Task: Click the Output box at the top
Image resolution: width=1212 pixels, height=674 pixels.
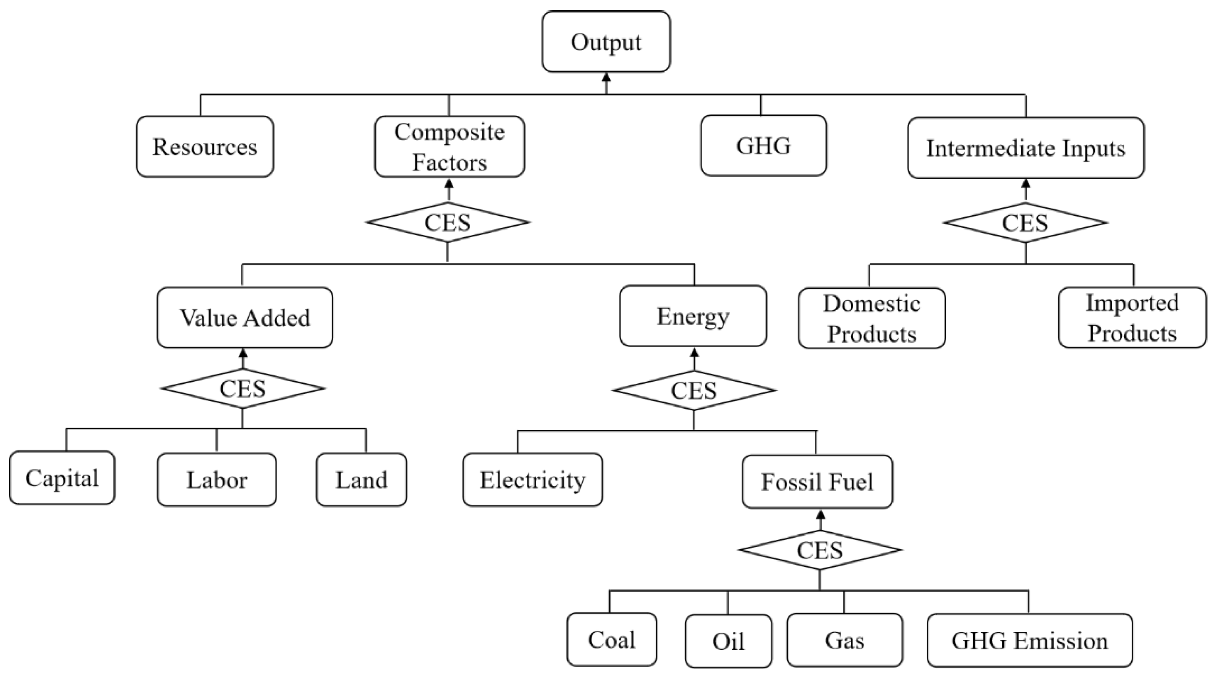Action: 606,42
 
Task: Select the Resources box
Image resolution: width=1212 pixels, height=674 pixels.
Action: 205,147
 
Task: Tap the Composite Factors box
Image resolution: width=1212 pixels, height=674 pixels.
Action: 449,147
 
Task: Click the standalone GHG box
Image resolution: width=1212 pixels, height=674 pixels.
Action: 763,145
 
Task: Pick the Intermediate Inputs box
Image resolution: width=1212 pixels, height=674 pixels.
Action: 1026,148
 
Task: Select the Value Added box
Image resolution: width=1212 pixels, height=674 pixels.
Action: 245,318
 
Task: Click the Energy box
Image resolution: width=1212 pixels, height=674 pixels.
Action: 693,316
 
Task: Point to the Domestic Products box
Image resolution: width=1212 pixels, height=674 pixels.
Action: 871,318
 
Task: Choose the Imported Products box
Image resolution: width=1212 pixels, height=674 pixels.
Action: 1132,318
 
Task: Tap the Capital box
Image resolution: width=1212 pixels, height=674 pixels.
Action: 62,478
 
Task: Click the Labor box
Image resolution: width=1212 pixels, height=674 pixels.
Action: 216,480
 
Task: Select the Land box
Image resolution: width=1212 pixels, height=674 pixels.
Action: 361,480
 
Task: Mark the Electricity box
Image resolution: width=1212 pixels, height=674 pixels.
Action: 533,480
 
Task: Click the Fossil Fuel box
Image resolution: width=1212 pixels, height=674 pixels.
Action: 817,482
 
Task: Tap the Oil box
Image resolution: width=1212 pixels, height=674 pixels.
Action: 728,641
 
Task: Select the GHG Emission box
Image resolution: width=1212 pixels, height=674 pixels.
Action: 1029,641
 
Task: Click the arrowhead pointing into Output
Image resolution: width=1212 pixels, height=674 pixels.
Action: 606,77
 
